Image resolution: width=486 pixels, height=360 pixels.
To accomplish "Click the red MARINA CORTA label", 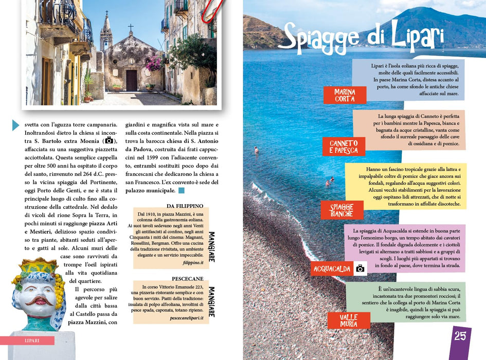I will coord(345,95).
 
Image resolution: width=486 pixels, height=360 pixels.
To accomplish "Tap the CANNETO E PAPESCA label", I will coord(344,147).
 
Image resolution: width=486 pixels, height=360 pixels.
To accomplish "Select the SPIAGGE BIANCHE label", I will coord(341,210).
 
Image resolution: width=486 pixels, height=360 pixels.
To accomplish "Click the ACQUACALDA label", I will coord(332,268).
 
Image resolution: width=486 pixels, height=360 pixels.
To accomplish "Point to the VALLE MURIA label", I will coord(349,320).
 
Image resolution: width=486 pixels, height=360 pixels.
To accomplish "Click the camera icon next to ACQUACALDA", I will coord(360,268).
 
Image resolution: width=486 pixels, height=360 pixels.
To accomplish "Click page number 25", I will coord(460,336).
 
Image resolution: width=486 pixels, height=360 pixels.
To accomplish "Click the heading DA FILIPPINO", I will coord(185,206).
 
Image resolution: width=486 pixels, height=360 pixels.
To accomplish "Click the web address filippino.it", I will coord(193,262).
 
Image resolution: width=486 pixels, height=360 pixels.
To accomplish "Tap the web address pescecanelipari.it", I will coord(186,318).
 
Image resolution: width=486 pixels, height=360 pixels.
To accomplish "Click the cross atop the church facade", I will coord(131,27).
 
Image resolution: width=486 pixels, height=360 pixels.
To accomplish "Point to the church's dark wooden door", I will coord(132,81).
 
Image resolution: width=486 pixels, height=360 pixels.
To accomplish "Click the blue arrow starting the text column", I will coord(15,124).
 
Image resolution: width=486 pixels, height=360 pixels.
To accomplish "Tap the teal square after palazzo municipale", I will coord(181,191).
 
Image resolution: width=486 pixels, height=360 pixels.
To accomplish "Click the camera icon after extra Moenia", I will coord(109,140).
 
